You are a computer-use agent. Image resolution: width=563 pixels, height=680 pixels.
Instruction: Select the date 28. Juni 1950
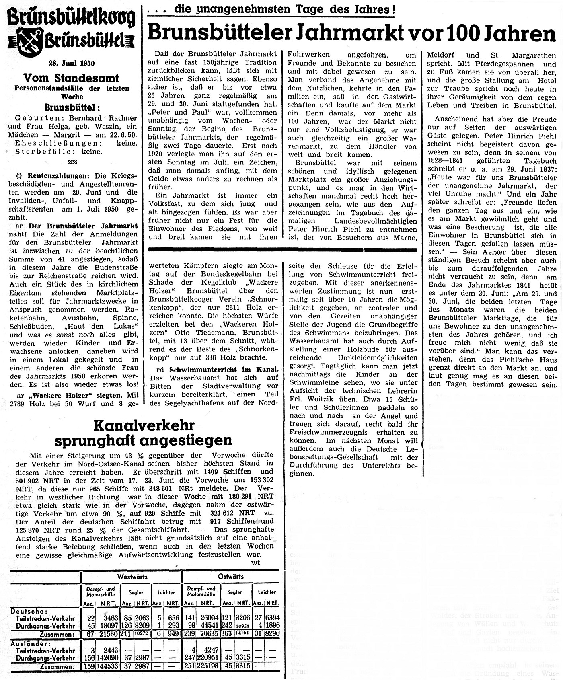(x=72, y=63)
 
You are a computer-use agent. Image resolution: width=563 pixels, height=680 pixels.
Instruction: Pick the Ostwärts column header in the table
(x=231, y=576)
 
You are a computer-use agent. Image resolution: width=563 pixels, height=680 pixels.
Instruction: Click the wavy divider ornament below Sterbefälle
(x=72, y=162)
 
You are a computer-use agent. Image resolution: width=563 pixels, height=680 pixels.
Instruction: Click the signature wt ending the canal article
(x=255, y=563)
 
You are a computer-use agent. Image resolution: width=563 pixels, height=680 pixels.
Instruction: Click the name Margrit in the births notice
(x=71, y=135)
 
